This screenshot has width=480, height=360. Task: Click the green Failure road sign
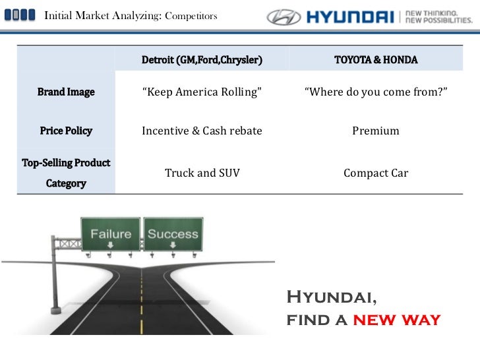tap(111, 234)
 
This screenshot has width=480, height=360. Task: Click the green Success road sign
tap(173, 234)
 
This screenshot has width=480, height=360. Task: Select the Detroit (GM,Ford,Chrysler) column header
tap(202, 60)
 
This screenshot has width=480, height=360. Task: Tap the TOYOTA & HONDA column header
tap(376, 60)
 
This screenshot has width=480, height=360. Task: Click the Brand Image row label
tap(66, 92)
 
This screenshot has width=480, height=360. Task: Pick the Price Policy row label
tap(66, 131)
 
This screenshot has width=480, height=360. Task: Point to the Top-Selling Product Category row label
tap(66, 173)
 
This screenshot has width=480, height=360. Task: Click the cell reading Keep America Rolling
tap(202, 92)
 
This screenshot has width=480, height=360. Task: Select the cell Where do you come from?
tap(376, 92)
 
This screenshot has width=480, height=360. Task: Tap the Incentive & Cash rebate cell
tap(202, 131)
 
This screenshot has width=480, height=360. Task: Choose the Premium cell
tap(376, 131)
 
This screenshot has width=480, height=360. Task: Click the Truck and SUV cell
tap(202, 173)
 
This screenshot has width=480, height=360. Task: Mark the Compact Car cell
tap(376, 173)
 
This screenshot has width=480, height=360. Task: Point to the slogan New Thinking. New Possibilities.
tap(438, 16)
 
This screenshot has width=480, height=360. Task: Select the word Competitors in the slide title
tap(191, 16)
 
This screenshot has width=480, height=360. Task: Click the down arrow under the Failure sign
tap(111, 246)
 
